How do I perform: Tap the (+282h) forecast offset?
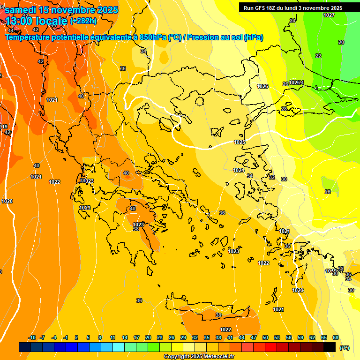[83, 21]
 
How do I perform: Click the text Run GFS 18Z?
[261, 8]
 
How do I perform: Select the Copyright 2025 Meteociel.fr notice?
[199, 357]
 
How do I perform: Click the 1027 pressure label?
[329, 15]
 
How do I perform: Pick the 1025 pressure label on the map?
[240, 142]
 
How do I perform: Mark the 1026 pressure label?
[262, 86]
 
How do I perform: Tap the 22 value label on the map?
[318, 56]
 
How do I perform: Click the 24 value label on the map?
[292, 21]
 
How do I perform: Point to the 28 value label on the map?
[284, 109]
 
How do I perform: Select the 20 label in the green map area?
[341, 42]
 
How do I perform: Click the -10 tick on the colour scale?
[32, 338]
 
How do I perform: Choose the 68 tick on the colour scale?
[336, 338]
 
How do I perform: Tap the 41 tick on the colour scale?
[230, 338]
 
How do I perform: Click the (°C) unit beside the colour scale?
[345, 348]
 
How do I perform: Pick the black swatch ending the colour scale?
[330, 347]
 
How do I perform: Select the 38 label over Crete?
[218, 315]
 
